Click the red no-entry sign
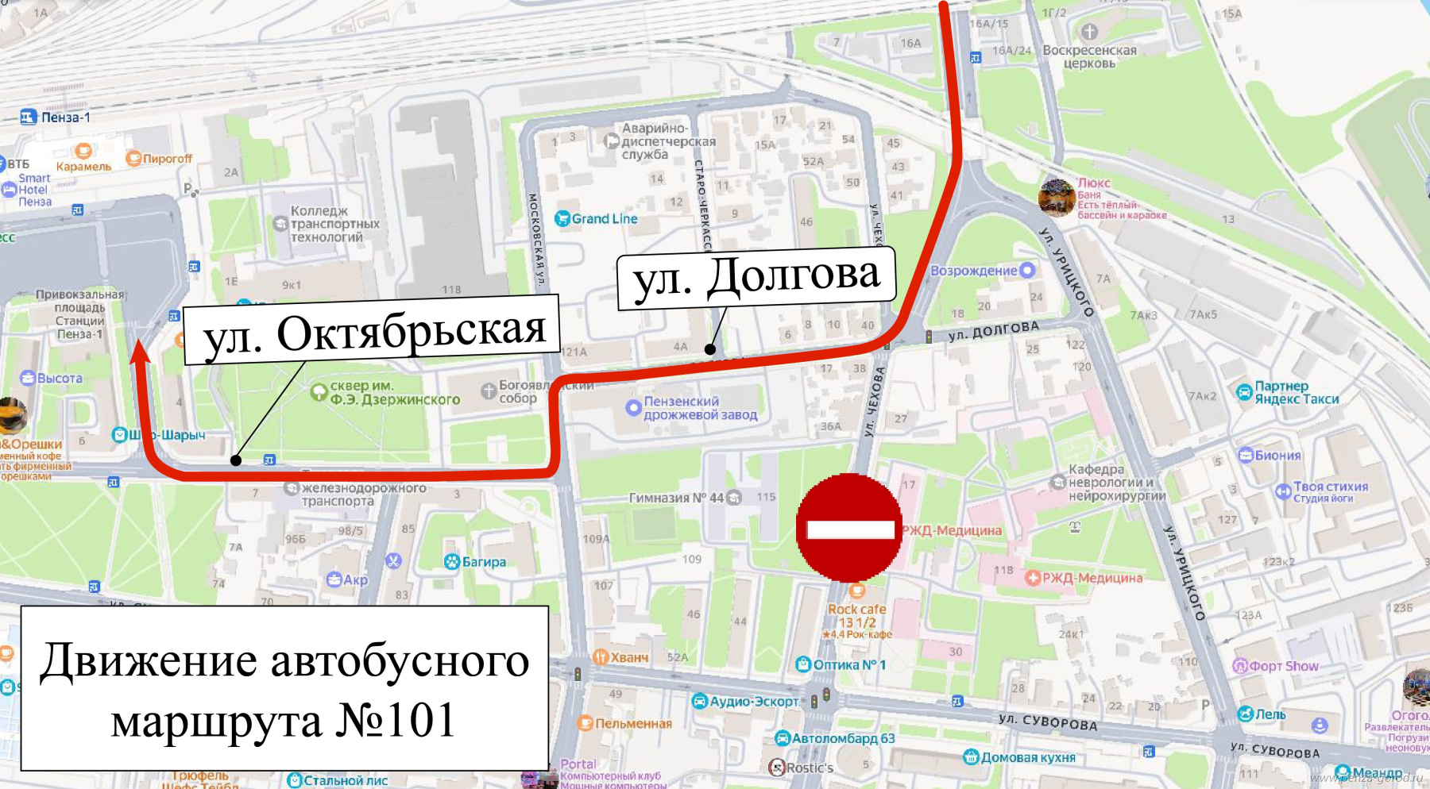[x=848, y=528]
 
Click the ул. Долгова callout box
[x=756, y=278]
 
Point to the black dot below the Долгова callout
[x=710, y=348]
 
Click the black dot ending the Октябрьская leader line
[x=236, y=460]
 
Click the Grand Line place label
[x=604, y=218]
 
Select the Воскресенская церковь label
[x=1089, y=56]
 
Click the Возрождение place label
[x=974, y=271]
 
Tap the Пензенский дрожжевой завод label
[x=699, y=408]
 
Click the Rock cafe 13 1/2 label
[x=856, y=616]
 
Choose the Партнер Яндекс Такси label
[x=1296, y=392]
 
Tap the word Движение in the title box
[x=149, y=660]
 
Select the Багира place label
[x=483, y=562]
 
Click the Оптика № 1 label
[x=848, y=664]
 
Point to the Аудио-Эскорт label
[x=753, y=701]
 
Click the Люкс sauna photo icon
[x=1057, y=197]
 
